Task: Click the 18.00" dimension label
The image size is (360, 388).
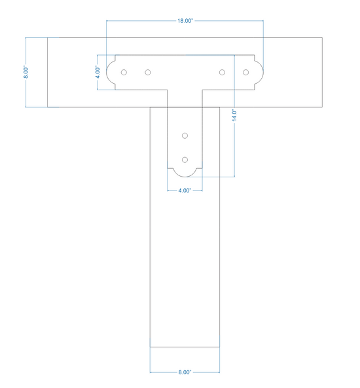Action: coord(185,21)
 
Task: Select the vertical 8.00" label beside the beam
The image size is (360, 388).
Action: coord(26,72)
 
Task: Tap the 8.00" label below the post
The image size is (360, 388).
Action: coord(185,372)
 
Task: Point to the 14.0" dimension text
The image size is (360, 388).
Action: coord(234,115)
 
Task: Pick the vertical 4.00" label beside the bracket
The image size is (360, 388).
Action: coord(98,72)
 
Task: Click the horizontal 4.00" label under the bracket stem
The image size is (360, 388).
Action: coord(185,190)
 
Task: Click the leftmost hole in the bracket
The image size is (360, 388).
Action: coord(124,72)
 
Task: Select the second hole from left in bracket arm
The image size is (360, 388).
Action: coord(147,72)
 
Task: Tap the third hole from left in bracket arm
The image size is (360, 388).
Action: coord(222,72)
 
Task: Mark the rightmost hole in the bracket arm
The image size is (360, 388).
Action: coord(245,72)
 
